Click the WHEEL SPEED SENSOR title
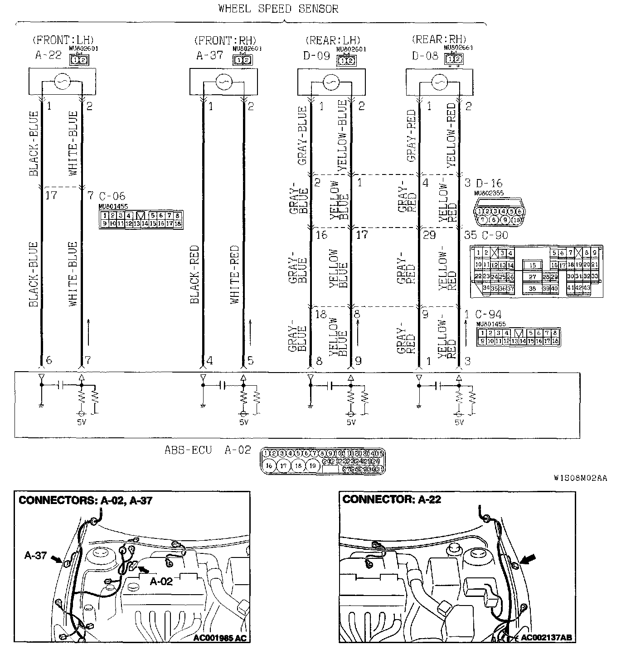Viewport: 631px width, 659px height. point(278,9)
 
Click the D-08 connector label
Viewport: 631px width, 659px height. point(425,56)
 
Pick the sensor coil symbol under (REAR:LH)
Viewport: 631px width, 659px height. point(331,82)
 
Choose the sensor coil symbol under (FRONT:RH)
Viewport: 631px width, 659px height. point(223,82)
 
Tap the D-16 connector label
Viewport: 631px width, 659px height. point(489,183)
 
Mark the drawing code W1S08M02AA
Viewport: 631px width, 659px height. point(580,478)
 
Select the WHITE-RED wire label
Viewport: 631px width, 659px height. point(234,274)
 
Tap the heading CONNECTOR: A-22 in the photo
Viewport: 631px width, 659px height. point(392,499)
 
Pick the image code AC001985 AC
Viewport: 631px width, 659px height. point(220,638)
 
